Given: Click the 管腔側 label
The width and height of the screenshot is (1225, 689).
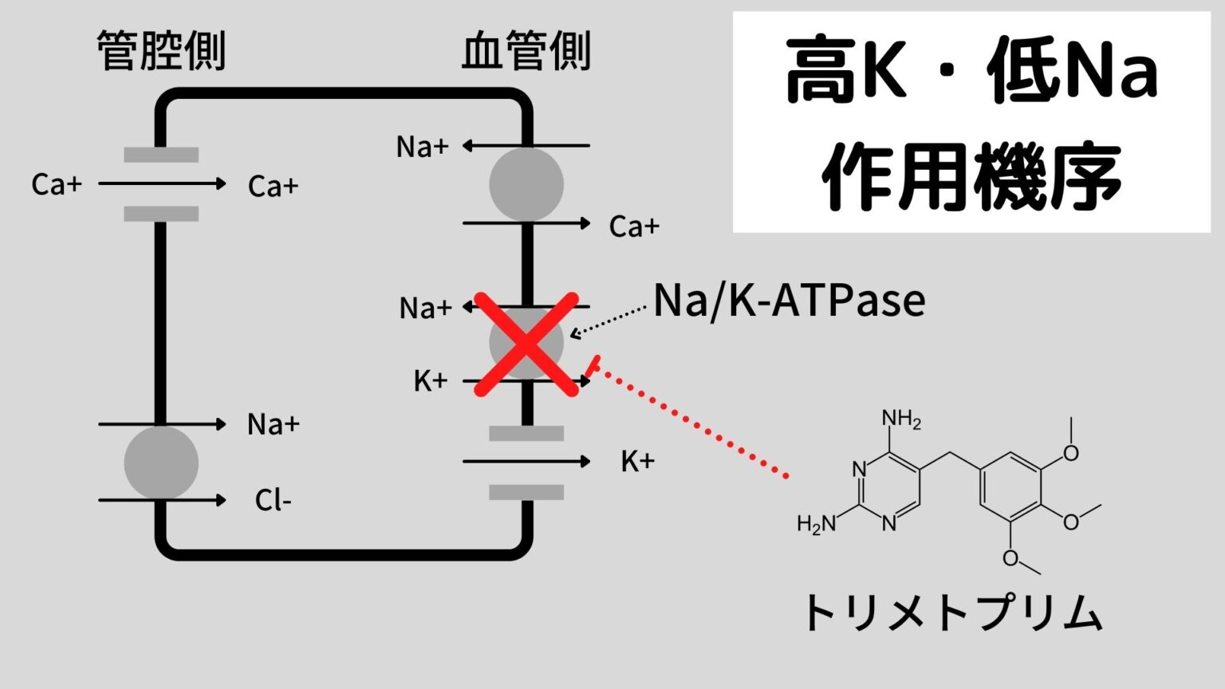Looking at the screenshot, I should point(162,51).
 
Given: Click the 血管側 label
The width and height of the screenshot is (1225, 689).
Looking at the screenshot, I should point(526,51).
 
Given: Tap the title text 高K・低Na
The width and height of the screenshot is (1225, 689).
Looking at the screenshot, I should point(971,73).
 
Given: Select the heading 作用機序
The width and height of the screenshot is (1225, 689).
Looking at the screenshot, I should point(971,176).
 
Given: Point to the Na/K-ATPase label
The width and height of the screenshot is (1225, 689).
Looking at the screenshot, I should point(790,301).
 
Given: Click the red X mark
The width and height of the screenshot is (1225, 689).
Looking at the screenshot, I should point(526,344).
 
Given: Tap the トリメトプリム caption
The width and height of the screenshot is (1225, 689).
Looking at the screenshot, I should point(954,613).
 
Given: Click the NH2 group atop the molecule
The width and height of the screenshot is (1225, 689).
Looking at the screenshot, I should point(900,419).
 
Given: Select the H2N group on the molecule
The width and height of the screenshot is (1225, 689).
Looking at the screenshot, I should point(816,524).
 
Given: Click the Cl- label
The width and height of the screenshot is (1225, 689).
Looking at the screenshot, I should point(273,501).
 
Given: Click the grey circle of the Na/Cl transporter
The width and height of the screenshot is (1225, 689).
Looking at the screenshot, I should point(161,463).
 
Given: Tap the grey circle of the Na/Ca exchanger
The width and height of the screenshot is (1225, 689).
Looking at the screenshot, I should point(526,184).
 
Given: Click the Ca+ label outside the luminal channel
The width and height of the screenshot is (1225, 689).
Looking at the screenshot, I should point(57,184).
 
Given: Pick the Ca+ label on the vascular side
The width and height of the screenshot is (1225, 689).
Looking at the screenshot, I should point(634,226).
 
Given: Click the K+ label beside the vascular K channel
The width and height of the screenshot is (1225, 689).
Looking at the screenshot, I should point(637,461).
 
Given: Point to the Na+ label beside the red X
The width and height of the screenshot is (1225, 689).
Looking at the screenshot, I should point(425,308).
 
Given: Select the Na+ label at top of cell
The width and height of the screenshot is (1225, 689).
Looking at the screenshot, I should point(422,147).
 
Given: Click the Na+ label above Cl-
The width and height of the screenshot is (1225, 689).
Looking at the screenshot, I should point(273,424).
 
